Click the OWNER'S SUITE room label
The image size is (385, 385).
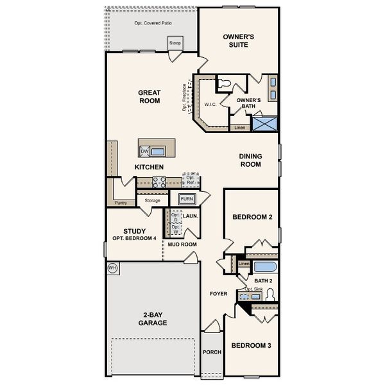click(x=239, y=41)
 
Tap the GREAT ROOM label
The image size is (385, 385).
click(x=149, y=97)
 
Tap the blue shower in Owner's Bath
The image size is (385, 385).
click(x=264, y=123)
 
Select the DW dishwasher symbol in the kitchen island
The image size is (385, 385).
click(x=144, y=151)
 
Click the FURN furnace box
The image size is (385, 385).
click(x=187, y=199)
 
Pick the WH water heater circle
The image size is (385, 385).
click(x=113, y=268)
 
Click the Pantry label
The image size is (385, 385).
click(x=121, y=203)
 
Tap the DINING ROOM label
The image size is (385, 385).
click(x=250, y=160)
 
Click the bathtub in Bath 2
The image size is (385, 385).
click(x=264, y=267)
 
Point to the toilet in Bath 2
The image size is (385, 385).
click(x=270, y=295)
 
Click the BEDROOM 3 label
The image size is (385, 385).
click(x=251, y=346)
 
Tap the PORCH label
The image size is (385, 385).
click(x=211, y=352)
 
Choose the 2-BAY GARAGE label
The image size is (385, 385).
click(x=153, y=319)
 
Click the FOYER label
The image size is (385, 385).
click(x=219, y=294)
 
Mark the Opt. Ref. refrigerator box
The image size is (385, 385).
click(x=191, y=180)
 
